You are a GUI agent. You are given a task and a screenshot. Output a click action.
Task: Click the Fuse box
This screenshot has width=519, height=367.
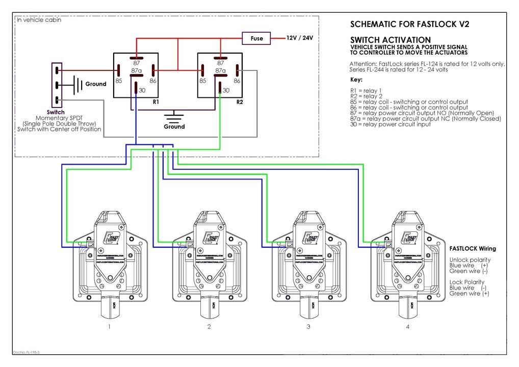[257, 38]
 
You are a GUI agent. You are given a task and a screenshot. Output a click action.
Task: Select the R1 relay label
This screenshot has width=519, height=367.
[156, 101]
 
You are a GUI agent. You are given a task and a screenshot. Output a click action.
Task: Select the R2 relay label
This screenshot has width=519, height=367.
[240, 101]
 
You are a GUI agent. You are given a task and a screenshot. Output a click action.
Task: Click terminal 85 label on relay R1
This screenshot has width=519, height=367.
[118, 80]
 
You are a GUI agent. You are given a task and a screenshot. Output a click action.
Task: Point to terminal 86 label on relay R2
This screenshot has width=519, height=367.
[237, 81]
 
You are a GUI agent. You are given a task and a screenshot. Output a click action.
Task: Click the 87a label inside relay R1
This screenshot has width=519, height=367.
[136, 71]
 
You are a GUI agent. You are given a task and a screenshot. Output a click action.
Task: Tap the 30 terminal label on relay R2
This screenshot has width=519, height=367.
[226, 90]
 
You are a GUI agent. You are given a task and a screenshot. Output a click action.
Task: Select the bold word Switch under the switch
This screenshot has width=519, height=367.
[56, 112]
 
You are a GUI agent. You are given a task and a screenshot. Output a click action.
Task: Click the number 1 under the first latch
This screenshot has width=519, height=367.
[109, 327]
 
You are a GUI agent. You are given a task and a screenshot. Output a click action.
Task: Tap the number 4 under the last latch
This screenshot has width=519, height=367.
[407, 327]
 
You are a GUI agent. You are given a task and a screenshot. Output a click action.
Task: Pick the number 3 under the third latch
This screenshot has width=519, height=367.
[308, 327]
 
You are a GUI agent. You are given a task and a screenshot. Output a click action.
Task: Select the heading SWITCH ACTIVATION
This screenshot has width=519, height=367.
[391, 40]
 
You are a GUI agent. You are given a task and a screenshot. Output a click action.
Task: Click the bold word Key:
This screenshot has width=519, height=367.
[356, 80]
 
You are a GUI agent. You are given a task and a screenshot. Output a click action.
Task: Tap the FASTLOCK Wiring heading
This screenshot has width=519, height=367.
[473, 249]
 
